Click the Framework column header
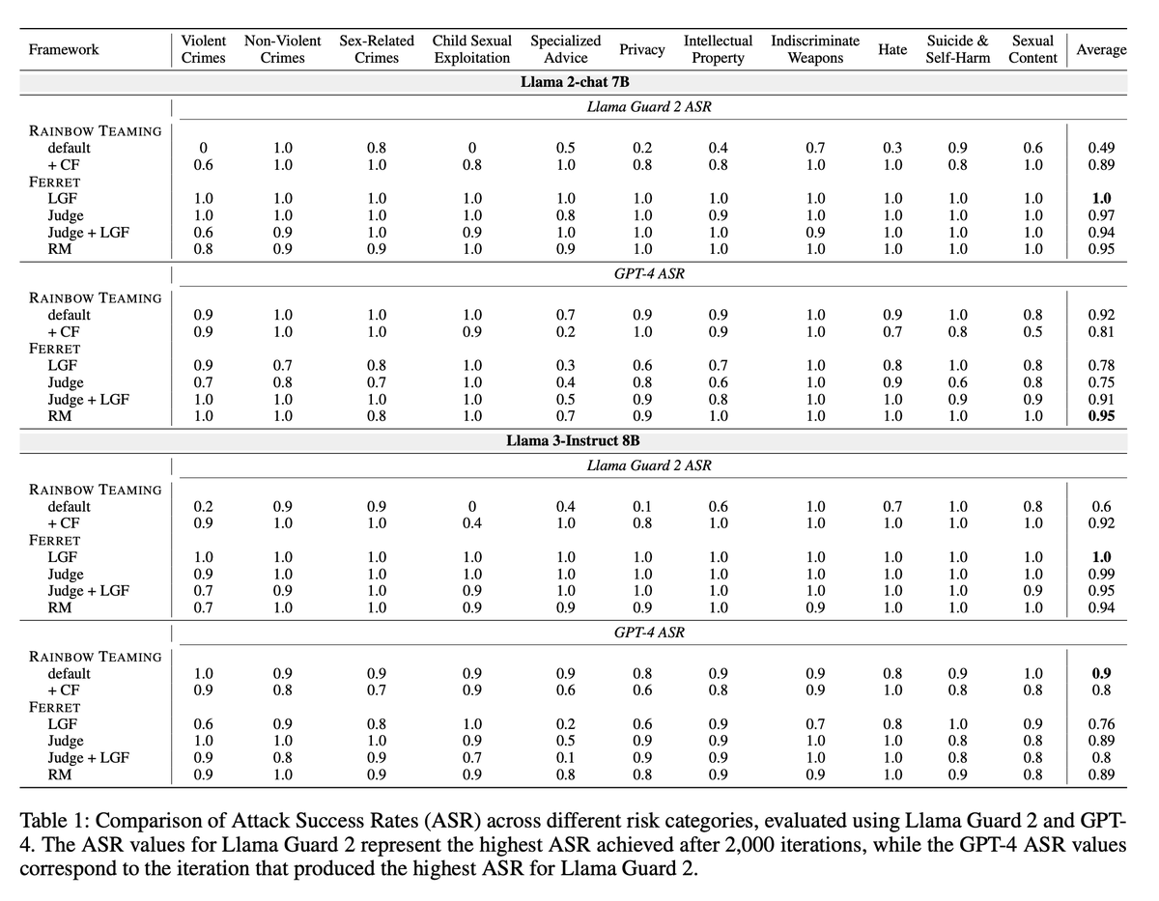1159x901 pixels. pyautogui.click(x=64, y=49)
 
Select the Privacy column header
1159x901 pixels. pyautogui.click(x=641, y=49)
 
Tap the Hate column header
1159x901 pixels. pyautogui.click(x=892, y=49)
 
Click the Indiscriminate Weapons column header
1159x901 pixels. pyautogui.click(x=815, y=49)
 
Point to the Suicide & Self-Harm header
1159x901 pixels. pyautogui.click(x=957, y=49)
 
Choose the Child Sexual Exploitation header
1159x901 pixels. pyautogui.click(x=471, y=49)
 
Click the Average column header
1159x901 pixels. pyautogui.click(x=1101, y=49)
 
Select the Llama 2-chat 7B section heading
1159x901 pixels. pyautogui.click(x=575, y=82)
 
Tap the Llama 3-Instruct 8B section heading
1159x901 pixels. pyautogui.click(x=573, y=441)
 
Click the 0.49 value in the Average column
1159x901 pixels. pyautogui.click(x=1101, y=148)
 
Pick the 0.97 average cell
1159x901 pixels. pyautogui.click(x=1101, y=215)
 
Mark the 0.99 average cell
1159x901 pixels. pyautogui.click(x=1101, y=575)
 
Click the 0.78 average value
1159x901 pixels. pyautogui.click(x=1101, y=365)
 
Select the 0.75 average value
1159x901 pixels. pyautogui.click(x=1101, y=382)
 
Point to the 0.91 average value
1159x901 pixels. pyautogui.click(x=1101, y=400)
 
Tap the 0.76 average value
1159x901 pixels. pyautogui.click(x=1101, y=724)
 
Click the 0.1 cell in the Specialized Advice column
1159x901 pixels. pyautogui.click(x=565, y=757)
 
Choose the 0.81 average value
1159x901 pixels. pyautogui.click(x=1101, y=331)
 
